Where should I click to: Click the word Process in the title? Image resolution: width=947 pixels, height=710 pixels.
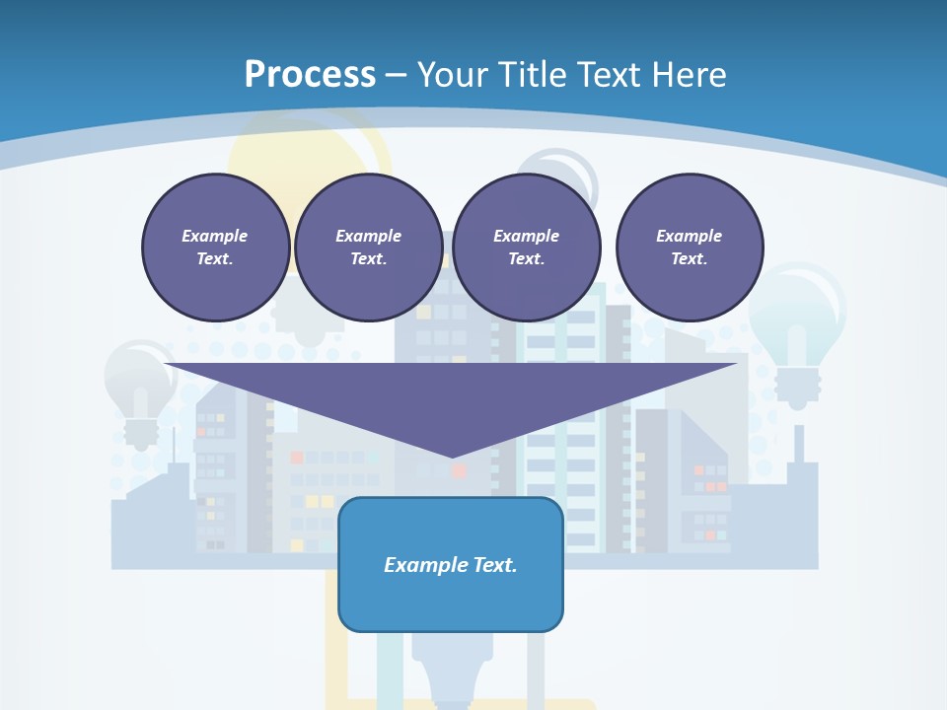pyautogui.click(x=310, y=75)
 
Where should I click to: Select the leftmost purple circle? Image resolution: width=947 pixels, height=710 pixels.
pyautogui.click(x=215, y=248)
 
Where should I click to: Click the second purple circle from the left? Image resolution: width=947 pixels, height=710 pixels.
pyautogui.click(x=368, y=248)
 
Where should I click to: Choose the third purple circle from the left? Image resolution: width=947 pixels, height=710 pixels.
pyautogui.click(x=526, y=248)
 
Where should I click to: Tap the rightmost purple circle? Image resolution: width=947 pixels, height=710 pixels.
pyautogui.click(x=689, y=248)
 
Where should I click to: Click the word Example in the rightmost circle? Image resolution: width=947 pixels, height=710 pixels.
pyautogui.click(x=689, y=236)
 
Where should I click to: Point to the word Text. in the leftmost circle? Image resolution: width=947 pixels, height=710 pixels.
pyautogui.click(x=215, y=259)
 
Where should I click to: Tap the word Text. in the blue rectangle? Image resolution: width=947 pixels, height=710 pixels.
pyautogui.click(x=495, y=565)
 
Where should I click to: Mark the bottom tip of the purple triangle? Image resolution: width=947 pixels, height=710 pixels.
pyautogui.click(x=452, y=457)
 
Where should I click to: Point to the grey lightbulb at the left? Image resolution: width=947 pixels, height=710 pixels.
pyautogui.click(x=139, y=390)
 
